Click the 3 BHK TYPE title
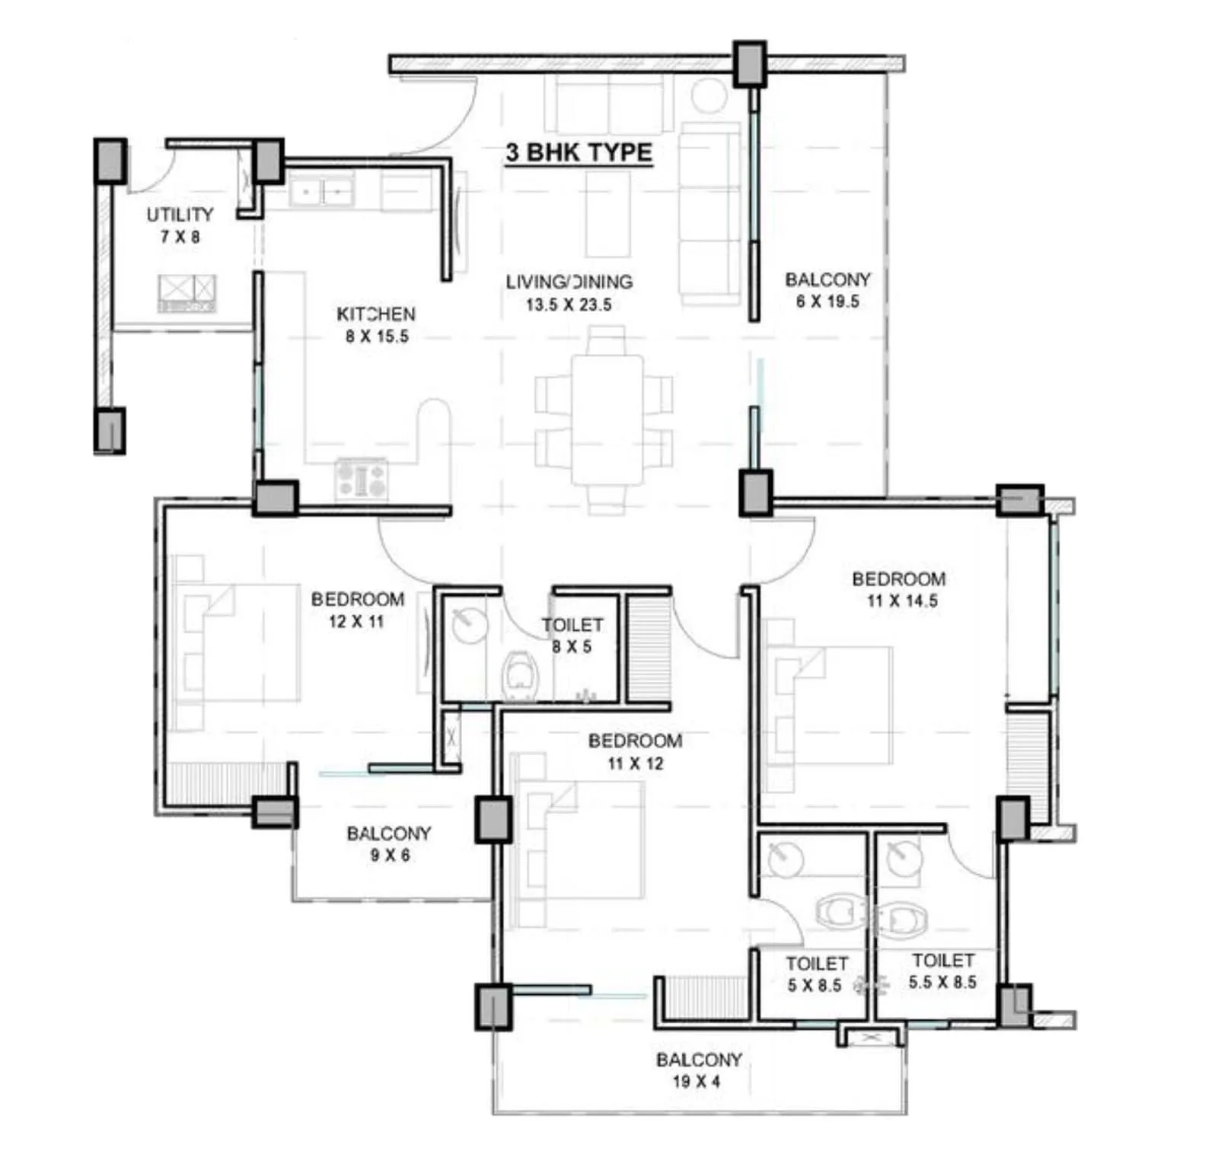point(579,152)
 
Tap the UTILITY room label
point(180,215)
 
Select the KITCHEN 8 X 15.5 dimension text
point(377,336)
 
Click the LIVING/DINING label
point(569,282)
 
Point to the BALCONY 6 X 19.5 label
point(827,290)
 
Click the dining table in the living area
point(607,420)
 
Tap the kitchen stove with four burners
point(362,480)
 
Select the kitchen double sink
point(321,191)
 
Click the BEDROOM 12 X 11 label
point(357,610)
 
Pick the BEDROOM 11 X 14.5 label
point(899,589)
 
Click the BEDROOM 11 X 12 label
point(635,751)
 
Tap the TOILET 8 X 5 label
point(572,636)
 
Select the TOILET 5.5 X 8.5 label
point(942,971)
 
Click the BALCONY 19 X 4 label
point(698,1070)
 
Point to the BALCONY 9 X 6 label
point(389,843)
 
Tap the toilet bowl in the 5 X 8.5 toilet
point(840,911)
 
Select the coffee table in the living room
point(607,214)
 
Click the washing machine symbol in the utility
point(187,293)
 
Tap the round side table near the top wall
point(709,95)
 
